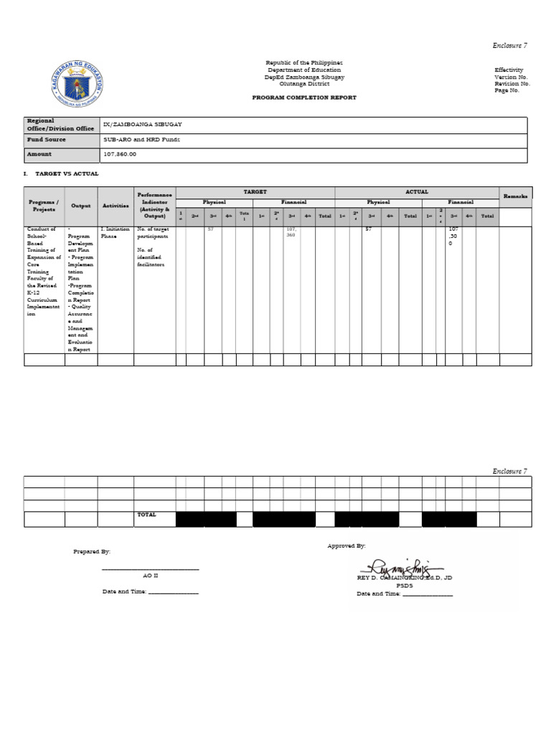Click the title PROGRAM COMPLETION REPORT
(x=304, y=97)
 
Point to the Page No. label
(x=507, y=91)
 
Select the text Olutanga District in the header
(x=304, y=83)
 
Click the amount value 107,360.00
(x=120, y=154)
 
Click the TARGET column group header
(x=255, y=192)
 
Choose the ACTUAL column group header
(x=417, y=192)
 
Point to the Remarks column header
(x=515, y=196)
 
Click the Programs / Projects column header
(x=44, y=206)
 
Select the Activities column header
(x=115, y=206)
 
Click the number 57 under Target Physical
(x=211, y=229)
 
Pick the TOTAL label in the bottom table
(x=146, y=515)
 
